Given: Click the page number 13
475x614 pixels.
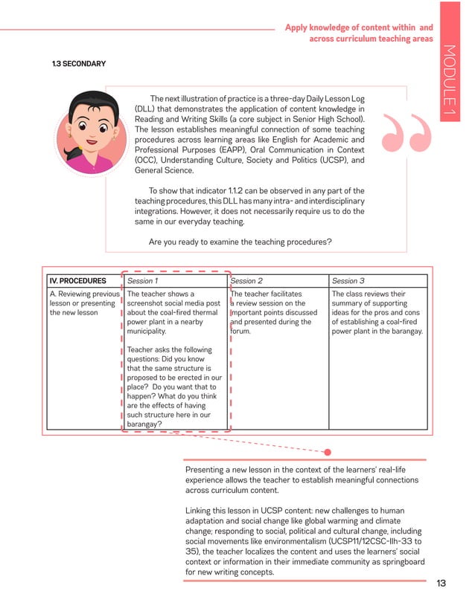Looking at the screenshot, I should pos(441,583).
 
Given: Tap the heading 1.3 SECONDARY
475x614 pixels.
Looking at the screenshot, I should pos(78,64).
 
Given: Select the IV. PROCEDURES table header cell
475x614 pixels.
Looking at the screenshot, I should pos(77,281).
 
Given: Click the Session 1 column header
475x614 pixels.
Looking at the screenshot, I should pos(142,281).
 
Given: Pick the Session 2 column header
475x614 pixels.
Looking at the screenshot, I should pos(246,281).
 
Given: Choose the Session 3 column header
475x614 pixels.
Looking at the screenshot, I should pos(348,281).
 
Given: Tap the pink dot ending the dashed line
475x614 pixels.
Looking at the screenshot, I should pos(327,451).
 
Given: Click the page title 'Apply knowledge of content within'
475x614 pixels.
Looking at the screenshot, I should pos(359,28).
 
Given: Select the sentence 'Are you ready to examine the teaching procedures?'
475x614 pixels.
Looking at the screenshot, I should pos(240,242).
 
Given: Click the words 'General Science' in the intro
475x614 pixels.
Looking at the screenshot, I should pos(162,170).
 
